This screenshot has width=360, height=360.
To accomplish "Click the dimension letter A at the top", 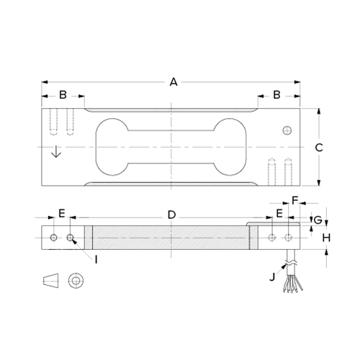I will [173, 81].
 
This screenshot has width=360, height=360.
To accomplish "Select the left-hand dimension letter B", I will [63, 95].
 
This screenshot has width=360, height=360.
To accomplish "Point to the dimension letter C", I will [319, 147].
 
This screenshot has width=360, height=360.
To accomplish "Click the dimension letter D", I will [171, 215].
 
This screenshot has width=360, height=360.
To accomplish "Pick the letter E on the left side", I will [62, 214].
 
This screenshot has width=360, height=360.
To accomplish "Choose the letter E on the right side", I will [279, 214].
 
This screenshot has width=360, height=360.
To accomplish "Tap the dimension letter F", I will [294, 199].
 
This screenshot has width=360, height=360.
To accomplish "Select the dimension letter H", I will [325, 237].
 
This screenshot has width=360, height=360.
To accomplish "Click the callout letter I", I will [95, 257].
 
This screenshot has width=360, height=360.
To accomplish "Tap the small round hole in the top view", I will [287, 130].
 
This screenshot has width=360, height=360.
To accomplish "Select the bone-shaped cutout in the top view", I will [171, 146].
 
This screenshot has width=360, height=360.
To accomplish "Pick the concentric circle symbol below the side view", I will [75, 280].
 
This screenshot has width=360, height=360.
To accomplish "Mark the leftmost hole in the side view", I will [54, 237].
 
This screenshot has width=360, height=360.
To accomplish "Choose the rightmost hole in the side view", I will [289, 237].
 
